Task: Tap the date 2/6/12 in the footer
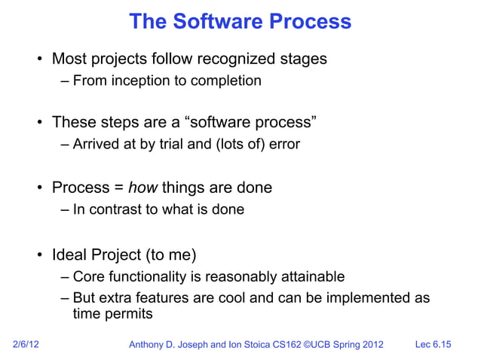tap(28, 345)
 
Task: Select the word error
tap(283, 145)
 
